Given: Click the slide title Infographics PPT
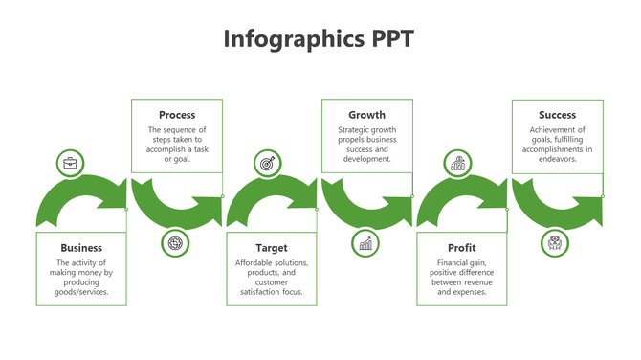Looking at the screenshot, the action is [x=319, y=39].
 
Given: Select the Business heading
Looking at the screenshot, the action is [x=81, y=248].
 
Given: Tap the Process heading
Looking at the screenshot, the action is [x=177, y=115].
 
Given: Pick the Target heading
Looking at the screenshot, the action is [x=271, y=248].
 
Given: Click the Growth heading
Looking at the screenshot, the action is [x=366, y=115].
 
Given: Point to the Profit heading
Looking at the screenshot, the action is [x=461, y=248].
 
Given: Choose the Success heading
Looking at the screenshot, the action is [x=557, y=115].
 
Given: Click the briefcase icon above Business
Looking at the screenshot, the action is [x=71, y=164].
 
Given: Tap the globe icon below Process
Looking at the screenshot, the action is [x=175, y=243].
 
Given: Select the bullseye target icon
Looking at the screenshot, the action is [x=268, y=164].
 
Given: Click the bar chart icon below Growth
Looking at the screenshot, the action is [x=365, y=243].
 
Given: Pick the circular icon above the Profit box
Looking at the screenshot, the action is [x=458, y=164].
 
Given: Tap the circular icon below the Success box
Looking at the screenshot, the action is [x=555, y=243].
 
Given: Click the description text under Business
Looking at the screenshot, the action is [x=81, y=277].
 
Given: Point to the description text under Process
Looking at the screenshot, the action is [x=177, y=144].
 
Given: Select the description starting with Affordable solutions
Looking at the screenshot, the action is [x=271, y=277].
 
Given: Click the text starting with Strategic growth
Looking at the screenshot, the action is [x=366, y=144].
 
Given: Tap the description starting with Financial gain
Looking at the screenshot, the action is [x=461, y=277].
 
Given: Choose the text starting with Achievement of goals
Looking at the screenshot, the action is [x=557, y=144].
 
